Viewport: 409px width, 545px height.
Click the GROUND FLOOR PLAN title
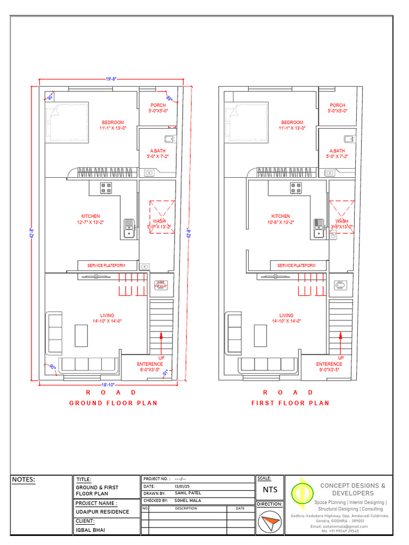(x=113, y=403)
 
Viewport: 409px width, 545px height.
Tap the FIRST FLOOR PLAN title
(x=290, y=403)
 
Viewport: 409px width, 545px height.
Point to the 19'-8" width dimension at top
(x=111, y=79)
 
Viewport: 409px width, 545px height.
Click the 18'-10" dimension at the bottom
(x=108, y=384)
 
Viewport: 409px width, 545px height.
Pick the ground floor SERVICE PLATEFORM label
(x=107, y=265)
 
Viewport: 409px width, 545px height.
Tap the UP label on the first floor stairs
(x=341, y=358)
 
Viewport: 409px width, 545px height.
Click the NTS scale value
(x=270, y=490)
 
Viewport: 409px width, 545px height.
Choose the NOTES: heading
(x=23, y=480)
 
